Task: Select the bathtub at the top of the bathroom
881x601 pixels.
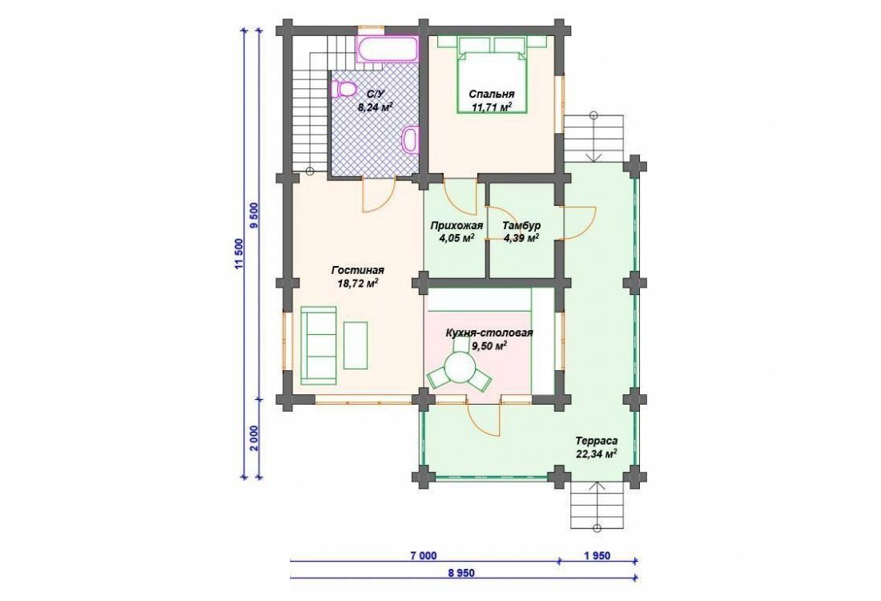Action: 388,50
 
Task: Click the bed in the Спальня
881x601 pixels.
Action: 493,75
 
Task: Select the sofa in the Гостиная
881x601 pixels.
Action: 318,345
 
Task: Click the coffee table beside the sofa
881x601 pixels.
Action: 355,345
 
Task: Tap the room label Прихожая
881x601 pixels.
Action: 457,226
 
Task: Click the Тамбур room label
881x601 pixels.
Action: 521,225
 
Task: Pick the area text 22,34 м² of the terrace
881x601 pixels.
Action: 597,454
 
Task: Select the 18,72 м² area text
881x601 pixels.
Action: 356,284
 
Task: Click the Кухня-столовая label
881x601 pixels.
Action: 489,333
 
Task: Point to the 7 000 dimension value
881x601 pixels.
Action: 423,556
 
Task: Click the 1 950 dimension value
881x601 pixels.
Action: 597,556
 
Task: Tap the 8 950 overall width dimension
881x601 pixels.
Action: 462,573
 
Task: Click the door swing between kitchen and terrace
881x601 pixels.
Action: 484,419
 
